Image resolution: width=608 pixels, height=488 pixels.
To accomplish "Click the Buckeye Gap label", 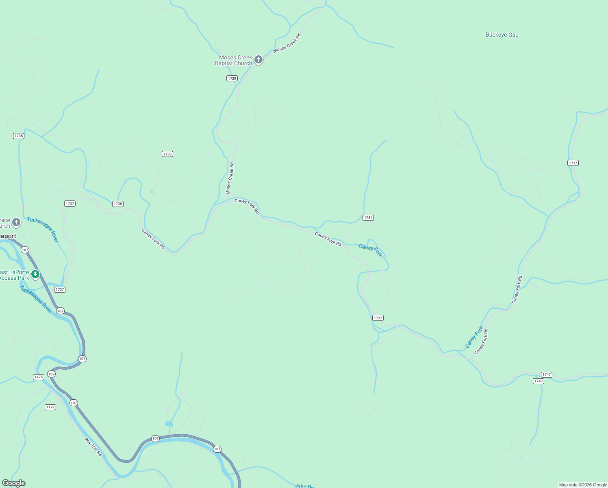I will (x=502, y=35).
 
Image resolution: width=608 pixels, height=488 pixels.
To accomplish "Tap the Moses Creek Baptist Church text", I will (x=234, y=60).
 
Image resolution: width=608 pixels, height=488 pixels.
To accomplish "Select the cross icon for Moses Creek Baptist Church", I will (x=258, y=60).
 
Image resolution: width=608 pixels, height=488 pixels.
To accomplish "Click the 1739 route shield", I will (x=232, y=78).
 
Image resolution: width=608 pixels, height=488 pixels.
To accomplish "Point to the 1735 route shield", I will (x=19, y=136).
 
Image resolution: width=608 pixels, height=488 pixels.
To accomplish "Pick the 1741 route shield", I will (x=368, y=218).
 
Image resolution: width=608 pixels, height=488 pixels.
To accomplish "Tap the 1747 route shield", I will (x=547, y=375).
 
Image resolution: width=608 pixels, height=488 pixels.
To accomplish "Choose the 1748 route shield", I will (x=539, y=381).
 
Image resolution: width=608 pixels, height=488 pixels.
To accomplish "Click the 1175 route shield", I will (x=39, y=377).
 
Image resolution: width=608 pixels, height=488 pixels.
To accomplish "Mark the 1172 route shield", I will (x=50, y=407).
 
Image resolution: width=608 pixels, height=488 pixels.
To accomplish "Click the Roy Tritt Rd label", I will (x=93, y=447).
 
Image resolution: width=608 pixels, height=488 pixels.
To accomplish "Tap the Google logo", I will (x=13, y=483).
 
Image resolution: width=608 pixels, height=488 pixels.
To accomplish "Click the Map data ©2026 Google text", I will (x=583, y=485).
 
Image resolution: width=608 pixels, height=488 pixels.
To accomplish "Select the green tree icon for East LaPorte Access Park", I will (x=35, y=274).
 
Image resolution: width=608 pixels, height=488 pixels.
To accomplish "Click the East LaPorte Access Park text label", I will (x=15, y=275).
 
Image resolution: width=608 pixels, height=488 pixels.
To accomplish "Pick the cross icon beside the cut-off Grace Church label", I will (x=16, y=222).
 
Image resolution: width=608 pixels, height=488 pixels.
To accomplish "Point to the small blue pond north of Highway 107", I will (x=169, y=424).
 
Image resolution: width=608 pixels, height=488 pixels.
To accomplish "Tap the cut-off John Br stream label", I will (x=304, y=486).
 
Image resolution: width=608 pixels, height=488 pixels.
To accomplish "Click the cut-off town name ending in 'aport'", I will (x=8, y=236).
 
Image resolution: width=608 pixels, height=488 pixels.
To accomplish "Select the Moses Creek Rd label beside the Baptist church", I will (x=287, y=43).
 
